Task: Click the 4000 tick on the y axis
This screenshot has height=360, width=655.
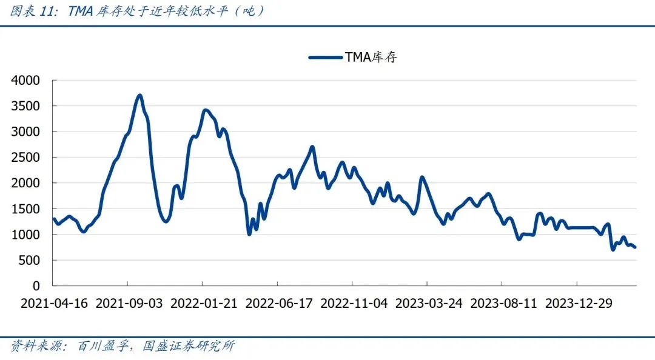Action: pos(27,80)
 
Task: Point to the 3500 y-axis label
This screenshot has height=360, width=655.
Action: pos(27,106)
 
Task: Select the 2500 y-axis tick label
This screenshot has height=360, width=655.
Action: pos(27,158)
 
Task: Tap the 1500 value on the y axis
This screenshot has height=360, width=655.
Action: pos(27,209)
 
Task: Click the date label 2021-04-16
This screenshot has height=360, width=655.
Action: pos(54,304)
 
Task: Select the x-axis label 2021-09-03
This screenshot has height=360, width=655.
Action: pos(129,304)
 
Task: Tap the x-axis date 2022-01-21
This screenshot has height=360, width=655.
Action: pos(204,304)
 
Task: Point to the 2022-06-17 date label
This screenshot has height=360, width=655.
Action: pos(279,304)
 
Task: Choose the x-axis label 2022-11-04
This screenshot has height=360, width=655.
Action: pos(354,304)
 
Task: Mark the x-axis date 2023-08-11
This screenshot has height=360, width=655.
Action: pos(503,304)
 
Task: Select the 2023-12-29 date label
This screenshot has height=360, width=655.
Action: pos(579,304)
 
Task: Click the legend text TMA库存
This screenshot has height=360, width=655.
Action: pos(371,58)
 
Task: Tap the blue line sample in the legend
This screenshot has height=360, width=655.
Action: pos(325,58)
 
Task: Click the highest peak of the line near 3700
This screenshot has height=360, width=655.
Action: pos(139,95)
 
